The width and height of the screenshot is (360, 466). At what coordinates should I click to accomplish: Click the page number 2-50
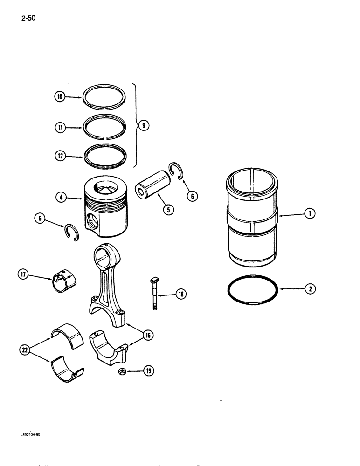[28, 19]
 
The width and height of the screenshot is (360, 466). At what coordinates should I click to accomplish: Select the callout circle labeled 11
[59, 126]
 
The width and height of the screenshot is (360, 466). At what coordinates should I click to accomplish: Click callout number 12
[59, 157]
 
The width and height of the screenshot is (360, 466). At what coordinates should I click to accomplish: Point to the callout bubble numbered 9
[144, 125]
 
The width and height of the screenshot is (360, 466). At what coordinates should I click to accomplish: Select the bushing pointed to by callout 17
[63, 282]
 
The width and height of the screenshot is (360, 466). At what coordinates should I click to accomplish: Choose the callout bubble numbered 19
[149, 371]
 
